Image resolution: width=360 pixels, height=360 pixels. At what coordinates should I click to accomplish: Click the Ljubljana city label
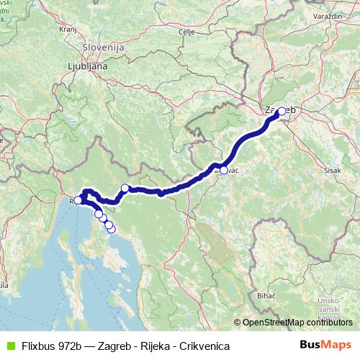[86, 66]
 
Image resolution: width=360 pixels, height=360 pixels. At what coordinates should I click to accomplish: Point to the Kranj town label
[68, 30]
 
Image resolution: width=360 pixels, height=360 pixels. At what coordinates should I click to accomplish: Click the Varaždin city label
[310, 14]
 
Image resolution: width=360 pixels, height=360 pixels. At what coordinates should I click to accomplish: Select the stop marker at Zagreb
[281, 112]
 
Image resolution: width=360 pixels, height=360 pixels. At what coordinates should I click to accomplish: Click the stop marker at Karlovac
[224, 171]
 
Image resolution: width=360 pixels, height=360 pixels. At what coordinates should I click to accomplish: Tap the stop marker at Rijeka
[78, 201]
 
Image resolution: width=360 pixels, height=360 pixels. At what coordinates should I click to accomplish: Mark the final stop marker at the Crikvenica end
[112, 229]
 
